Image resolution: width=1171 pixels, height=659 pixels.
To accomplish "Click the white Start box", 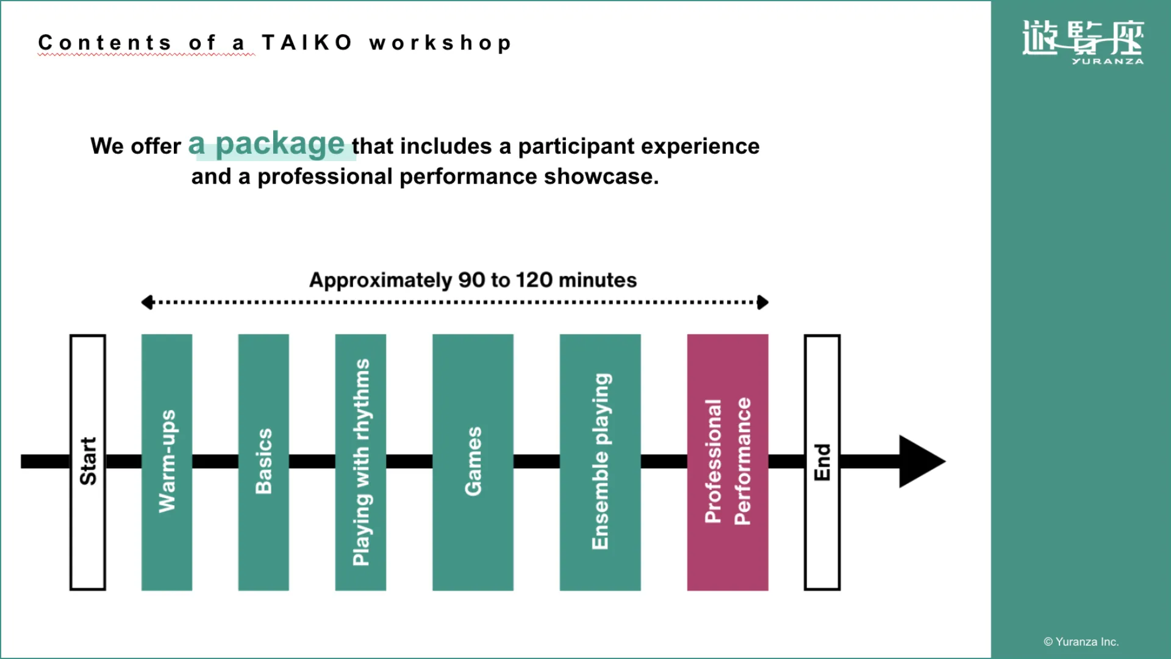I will pyautogui.click(x=88, y=462).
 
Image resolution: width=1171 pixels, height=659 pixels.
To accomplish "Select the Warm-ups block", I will pyautogui.click(x=167, y=462).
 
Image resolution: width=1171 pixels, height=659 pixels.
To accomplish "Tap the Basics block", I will pyautogui.click(x=263, y=462).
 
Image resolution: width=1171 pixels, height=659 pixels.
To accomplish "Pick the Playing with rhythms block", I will pyautogui.click(x=360, y=462).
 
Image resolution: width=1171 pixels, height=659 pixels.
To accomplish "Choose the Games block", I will pyautogui.click(x=473, y=462).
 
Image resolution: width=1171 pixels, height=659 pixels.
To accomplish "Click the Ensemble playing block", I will pyautogui.click(x=600, y=462).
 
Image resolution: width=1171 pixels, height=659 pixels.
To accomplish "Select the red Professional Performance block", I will pyautogui.click(x=728, y=462).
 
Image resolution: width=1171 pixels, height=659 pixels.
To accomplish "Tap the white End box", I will pyautogui.click(x=822, y=462).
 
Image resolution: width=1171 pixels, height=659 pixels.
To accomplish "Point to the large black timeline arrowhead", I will pyautogui.click(x=920, y=461).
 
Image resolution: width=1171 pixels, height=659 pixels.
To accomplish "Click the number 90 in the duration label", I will pyautogui.click(x=471, y=280).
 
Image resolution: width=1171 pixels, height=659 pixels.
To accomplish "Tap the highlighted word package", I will pyautogui.click(x=280, y=145).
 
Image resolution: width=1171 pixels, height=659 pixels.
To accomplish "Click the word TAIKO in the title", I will pyautogui.click(x=307, y=43).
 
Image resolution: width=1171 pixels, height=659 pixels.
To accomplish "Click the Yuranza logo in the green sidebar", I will pyautogui.click(x=1083, y=41).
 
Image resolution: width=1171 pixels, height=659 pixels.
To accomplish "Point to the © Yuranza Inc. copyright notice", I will pyautogui.click(x=1081, y=641).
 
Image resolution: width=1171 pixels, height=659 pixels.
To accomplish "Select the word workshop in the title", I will pyautogui.click(x=440, y=43).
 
